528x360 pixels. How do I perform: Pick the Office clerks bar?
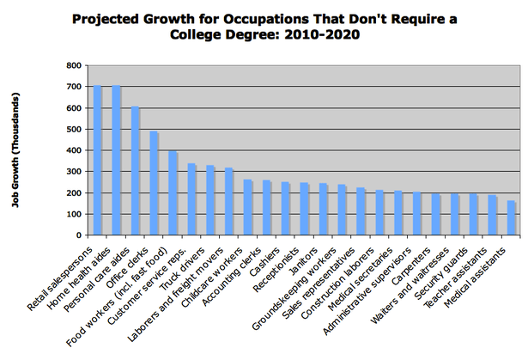click(154, 183)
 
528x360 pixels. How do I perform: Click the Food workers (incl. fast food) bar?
click(173, 192)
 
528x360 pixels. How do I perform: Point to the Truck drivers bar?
click(210, 200)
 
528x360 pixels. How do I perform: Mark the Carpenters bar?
click(436, 214)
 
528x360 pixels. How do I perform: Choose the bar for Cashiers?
click(285, 208)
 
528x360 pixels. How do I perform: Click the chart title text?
click(264, 27)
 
